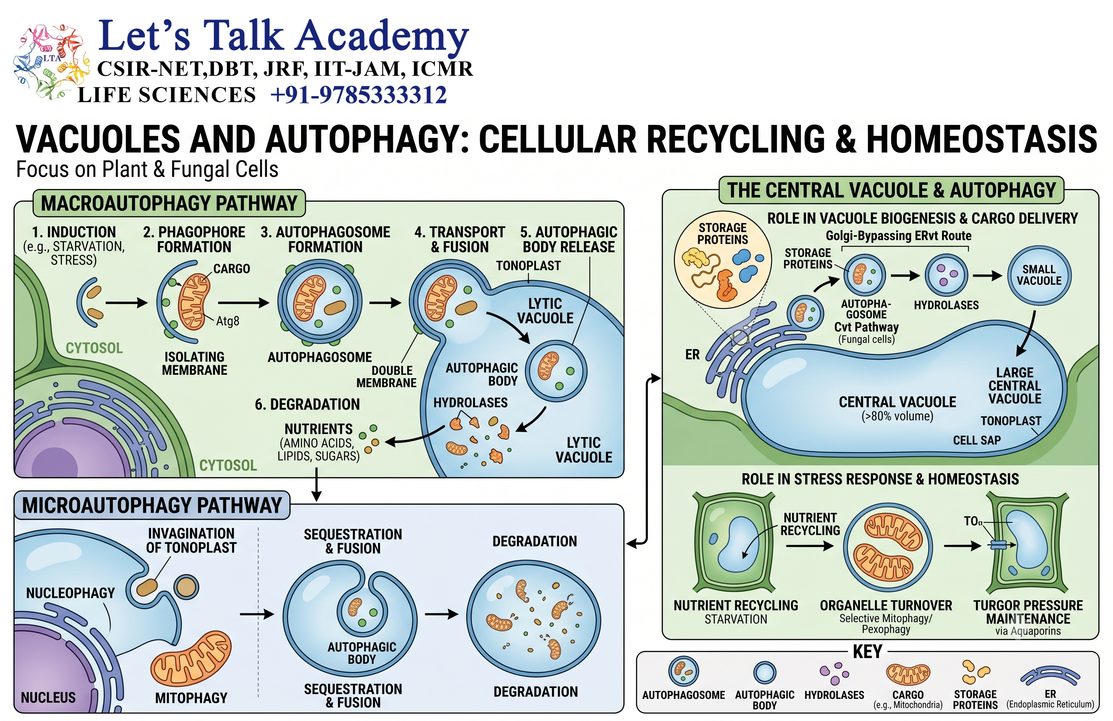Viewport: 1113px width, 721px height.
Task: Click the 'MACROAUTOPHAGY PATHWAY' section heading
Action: (x=169, y=204)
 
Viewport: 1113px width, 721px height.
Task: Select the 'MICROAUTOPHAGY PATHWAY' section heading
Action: (x=152, y=506)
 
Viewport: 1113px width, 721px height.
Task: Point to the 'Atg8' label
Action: (x=228, y=321)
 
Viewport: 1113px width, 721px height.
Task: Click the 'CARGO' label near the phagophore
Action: (x=232, y=268)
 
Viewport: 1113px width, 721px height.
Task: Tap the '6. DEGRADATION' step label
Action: (x=307, y=404)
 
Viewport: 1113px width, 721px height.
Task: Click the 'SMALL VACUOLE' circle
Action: (x=1039, y=275)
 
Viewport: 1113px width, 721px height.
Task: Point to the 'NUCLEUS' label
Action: (x=48, y=698)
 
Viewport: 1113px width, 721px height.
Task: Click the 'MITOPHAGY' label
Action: (x=191, y=698)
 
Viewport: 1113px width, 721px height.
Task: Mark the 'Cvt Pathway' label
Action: (x=866, y=327)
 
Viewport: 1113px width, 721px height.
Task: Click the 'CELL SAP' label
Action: (x=977, y=440)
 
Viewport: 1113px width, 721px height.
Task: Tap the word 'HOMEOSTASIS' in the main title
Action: (x=982, y=139)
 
